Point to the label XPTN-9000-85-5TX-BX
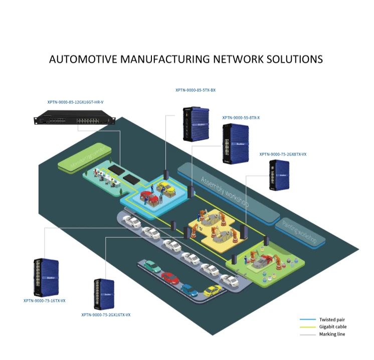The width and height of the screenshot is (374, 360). [x=195, y=90]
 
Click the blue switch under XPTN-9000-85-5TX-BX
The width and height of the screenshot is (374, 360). [x=195, y=123]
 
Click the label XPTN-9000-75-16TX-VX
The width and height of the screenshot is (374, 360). [x=44, y=301]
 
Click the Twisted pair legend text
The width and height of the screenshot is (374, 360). [x=332, y=319]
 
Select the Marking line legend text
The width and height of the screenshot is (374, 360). [x=332, y=334]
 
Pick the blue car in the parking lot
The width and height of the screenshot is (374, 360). [x=189, y=290]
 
